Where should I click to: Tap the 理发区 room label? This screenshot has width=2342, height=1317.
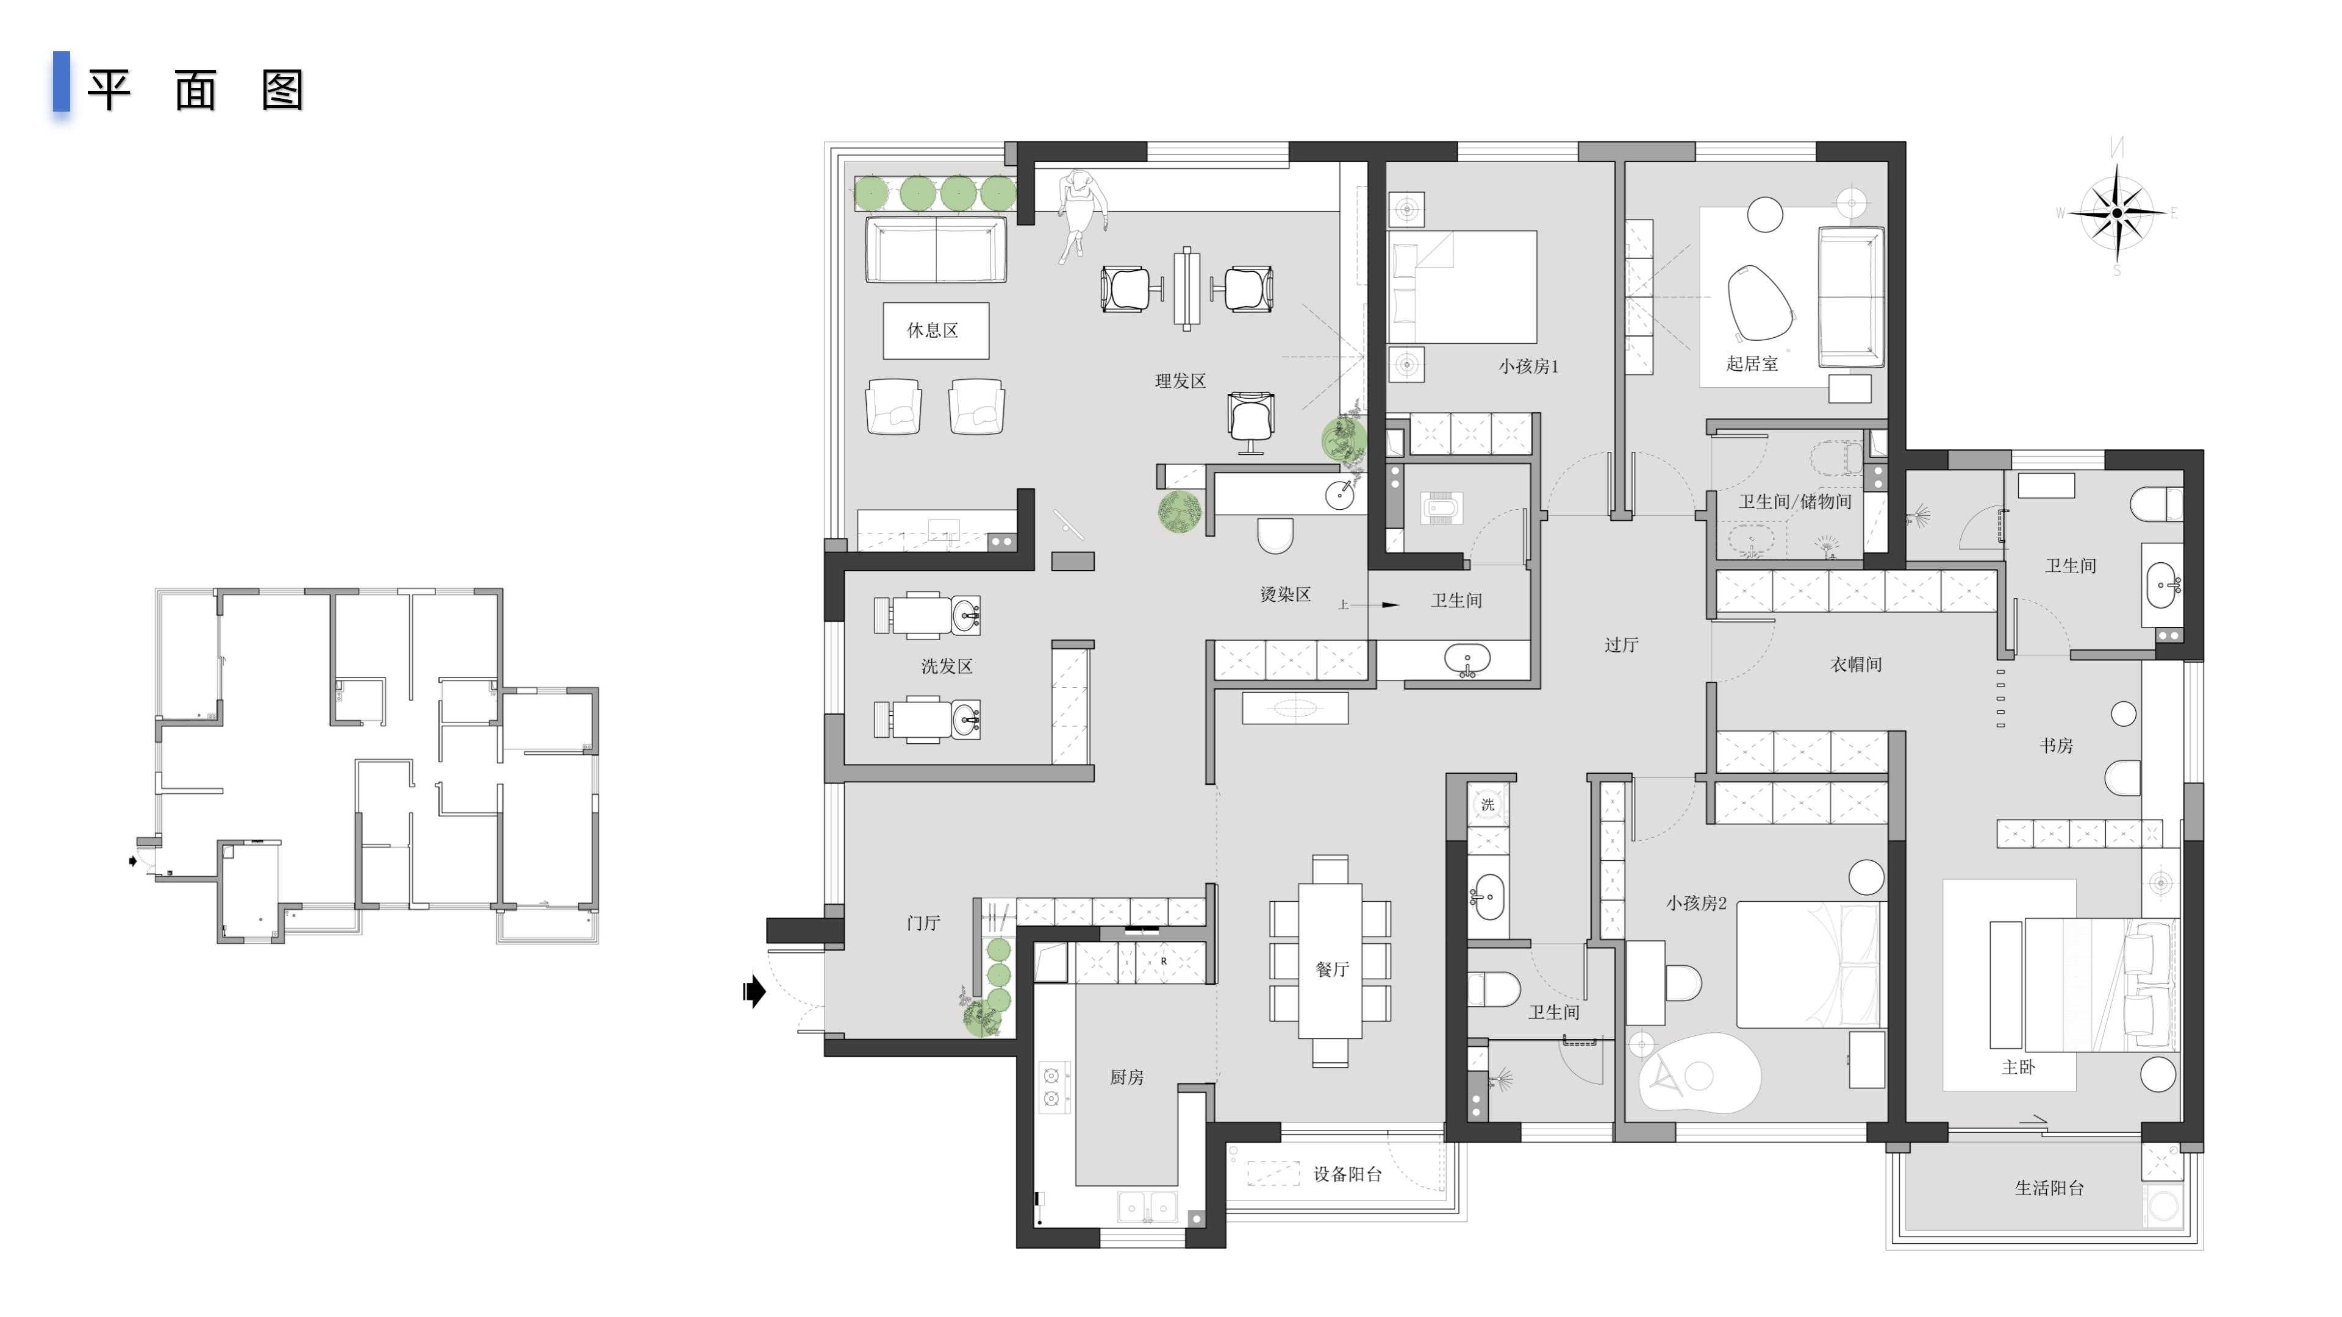click(x=1180, y=382)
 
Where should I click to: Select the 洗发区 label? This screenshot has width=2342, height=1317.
click(x=947, y=667)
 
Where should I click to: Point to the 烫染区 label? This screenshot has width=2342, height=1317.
click(x=1284, y=595)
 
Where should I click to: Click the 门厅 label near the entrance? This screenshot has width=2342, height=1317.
click(x=923, y=924)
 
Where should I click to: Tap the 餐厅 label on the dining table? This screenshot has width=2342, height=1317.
click(x=1332, y=970)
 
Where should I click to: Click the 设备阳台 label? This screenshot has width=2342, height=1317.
click(x=1347, y=1175)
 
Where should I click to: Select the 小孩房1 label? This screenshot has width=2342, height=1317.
click(x=1528, y=367)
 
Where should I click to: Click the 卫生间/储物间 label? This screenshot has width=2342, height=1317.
click(x=1795, y=502)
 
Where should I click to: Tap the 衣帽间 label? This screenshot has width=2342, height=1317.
click(x=1855, y=665)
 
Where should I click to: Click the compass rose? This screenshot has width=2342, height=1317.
click(x=2116, y=213)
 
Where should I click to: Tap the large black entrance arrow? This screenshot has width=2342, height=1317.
click(x=754, y=991)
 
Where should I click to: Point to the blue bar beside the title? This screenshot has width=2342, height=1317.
click(x=61, y=82)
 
